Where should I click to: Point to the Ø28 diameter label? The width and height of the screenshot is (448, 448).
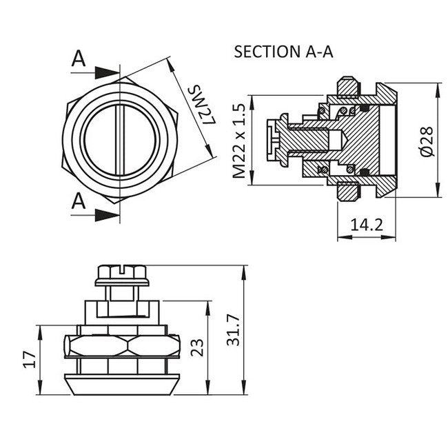click(425, 140)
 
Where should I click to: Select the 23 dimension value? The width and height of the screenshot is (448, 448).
click(196, 344)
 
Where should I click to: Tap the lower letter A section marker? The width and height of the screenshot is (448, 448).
click(79, 201)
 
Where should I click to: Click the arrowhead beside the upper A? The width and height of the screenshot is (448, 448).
click(108, 72)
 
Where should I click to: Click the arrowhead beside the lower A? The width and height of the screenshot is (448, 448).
click(108, 214)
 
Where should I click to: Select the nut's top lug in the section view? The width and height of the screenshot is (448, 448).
click(347, 87)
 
